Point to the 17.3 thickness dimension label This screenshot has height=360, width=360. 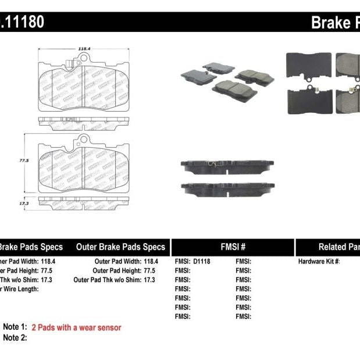tap(24, 203)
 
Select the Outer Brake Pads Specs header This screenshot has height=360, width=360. tap(120, 247)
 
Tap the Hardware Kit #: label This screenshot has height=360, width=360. tap(319, 262)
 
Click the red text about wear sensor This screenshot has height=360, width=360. tap(76, 327)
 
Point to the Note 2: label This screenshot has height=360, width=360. tap(15, 337)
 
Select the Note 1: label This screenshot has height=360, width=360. tap(15, 327)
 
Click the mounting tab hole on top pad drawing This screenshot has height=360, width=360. tap(84, 58)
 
